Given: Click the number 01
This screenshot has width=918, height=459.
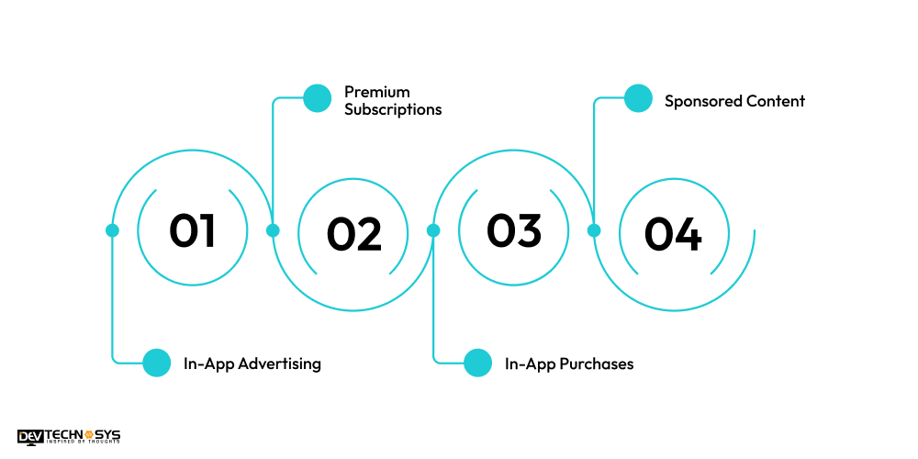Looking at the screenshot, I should click(x=192, y=230).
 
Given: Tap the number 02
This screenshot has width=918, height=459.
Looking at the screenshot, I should click(x=354, y=235).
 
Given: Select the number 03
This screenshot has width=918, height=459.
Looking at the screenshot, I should click(x=514, y=230).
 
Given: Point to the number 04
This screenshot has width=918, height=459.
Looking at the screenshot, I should click(x=673, y=235).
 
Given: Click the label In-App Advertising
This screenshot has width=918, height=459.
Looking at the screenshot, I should click(x=252, y=364).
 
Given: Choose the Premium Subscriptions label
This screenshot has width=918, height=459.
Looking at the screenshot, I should click(x=393, y=101).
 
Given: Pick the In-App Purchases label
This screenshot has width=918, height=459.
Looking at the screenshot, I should click(x=569, y=364).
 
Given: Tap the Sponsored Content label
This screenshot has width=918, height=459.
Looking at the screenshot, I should click(x=734, y=101).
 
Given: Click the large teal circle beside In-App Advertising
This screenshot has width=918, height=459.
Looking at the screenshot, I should click(x=157, y=363).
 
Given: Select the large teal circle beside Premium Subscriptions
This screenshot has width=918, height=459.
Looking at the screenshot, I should click(x=317, y=98).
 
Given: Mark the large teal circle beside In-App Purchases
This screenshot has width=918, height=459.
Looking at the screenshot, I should click(x=477, y=363).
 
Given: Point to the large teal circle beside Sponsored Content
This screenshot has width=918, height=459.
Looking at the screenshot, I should click(x=638, y=98).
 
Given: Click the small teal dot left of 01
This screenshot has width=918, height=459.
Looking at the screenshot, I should click(x=112, y=230).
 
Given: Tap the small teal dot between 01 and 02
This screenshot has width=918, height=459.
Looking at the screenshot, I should click(x=273, y=230).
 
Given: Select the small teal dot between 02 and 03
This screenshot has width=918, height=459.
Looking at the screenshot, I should click(x=433, y=230).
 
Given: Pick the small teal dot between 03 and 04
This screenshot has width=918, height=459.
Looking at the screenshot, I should click(x=594, y=230).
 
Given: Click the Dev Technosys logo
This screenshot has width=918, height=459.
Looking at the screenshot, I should click(x=69, y=437).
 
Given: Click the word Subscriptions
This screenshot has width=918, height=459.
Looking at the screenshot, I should click(x=393, y=110).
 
